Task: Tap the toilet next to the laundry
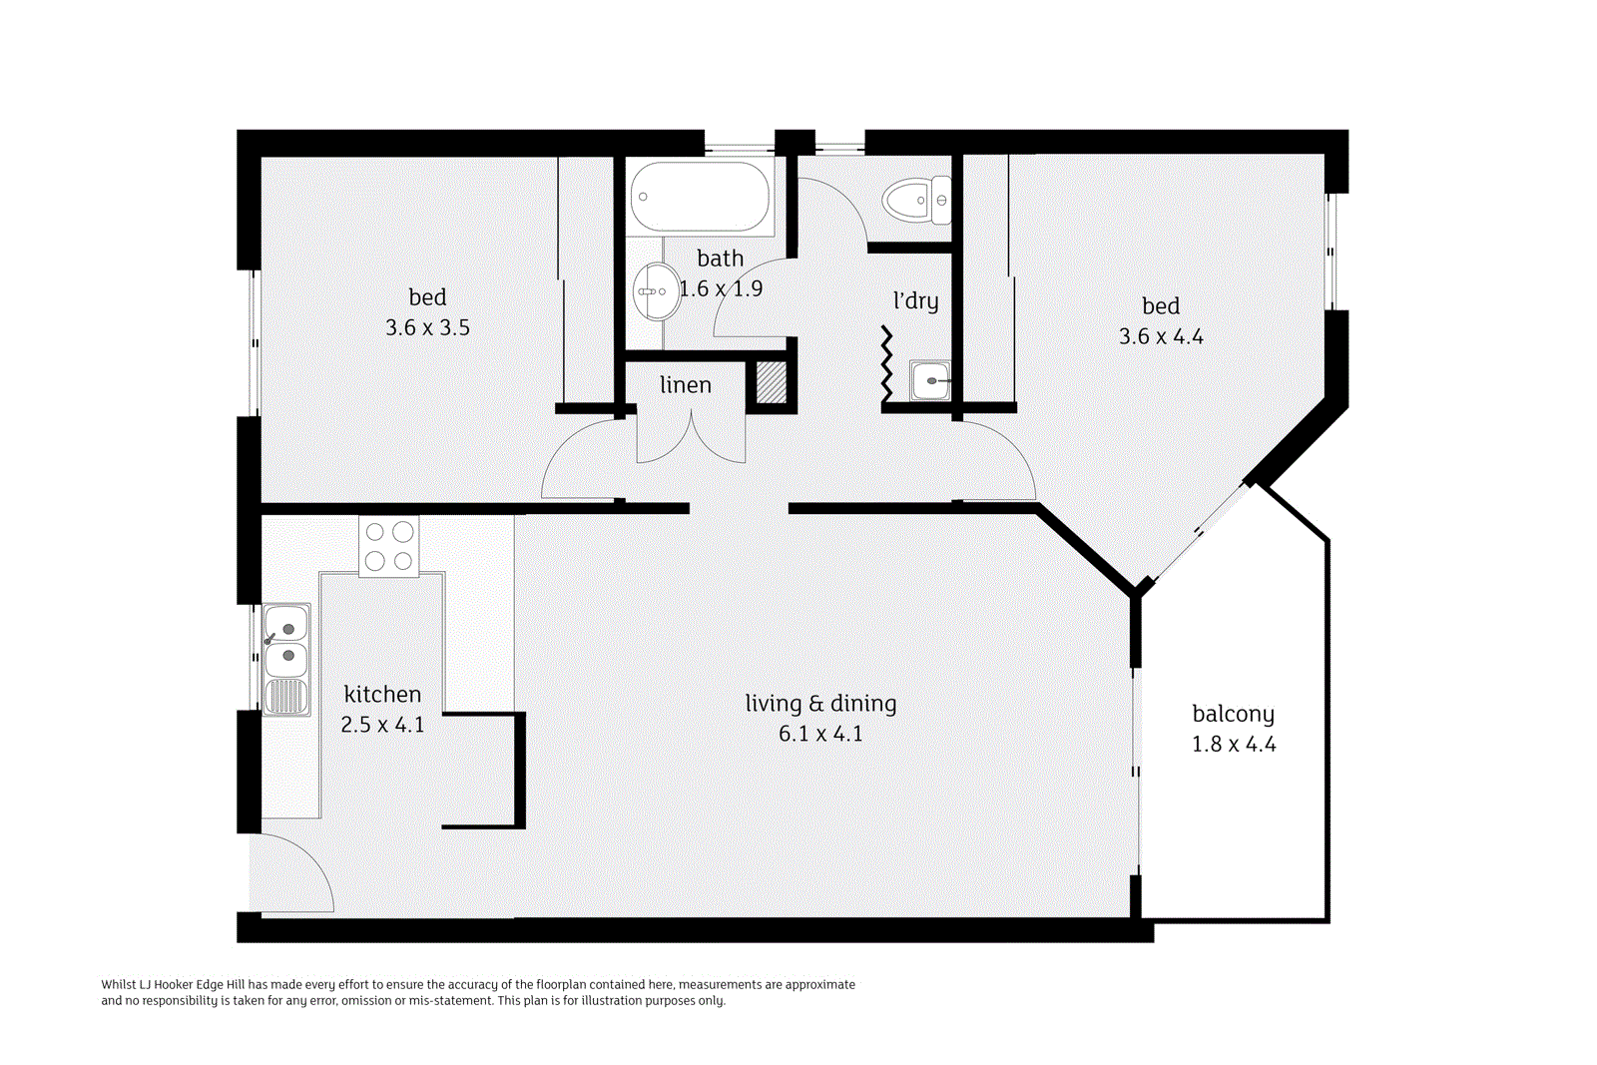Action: point(916,200)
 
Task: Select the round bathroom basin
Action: point(656,291)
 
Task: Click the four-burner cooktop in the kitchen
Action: point(389,546)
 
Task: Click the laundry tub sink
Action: point(930,380)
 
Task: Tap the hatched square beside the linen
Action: point(771,383)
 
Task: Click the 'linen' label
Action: point(686,385)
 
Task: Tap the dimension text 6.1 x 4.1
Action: point(820,734)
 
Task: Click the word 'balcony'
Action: point(1233,715)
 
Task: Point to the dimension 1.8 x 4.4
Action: point(1234,745)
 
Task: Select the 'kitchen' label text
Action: point(382,695)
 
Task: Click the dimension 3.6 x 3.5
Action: point(427,327)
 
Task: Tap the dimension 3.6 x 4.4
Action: point(1161,336)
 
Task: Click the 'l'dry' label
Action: point(915,300)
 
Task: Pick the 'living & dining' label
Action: point(820,704)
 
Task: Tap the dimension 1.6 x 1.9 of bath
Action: point(721,288)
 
